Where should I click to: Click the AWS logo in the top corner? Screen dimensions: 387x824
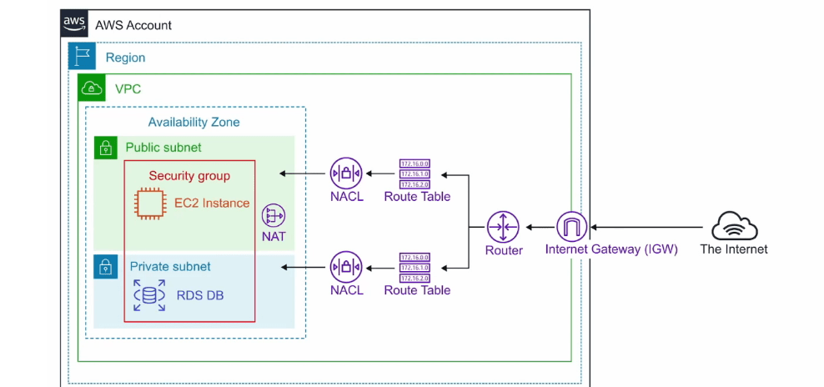coord(74,24)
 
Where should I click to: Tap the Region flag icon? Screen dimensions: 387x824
coord(82,58)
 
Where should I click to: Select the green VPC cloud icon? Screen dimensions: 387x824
coord(92,88)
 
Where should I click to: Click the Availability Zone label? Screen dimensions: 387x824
coord(193,123)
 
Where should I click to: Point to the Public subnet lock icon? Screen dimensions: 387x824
coord(106,148)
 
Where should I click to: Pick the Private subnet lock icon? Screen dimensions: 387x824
coord(106,267)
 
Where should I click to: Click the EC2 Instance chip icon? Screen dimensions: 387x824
coord(149,204)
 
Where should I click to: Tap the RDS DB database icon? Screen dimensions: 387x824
coord(149,296)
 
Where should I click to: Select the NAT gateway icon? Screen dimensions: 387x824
coord(274,216)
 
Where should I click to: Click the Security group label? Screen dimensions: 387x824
coord(189,176)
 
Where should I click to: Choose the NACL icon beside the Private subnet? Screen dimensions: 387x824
coord(345,268)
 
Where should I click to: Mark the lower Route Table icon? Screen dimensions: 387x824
coord(417,268)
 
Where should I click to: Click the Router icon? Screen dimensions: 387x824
coord(504,226)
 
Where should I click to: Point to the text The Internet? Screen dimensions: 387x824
coord(734,249)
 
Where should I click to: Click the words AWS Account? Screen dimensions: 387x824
coord(133,25)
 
